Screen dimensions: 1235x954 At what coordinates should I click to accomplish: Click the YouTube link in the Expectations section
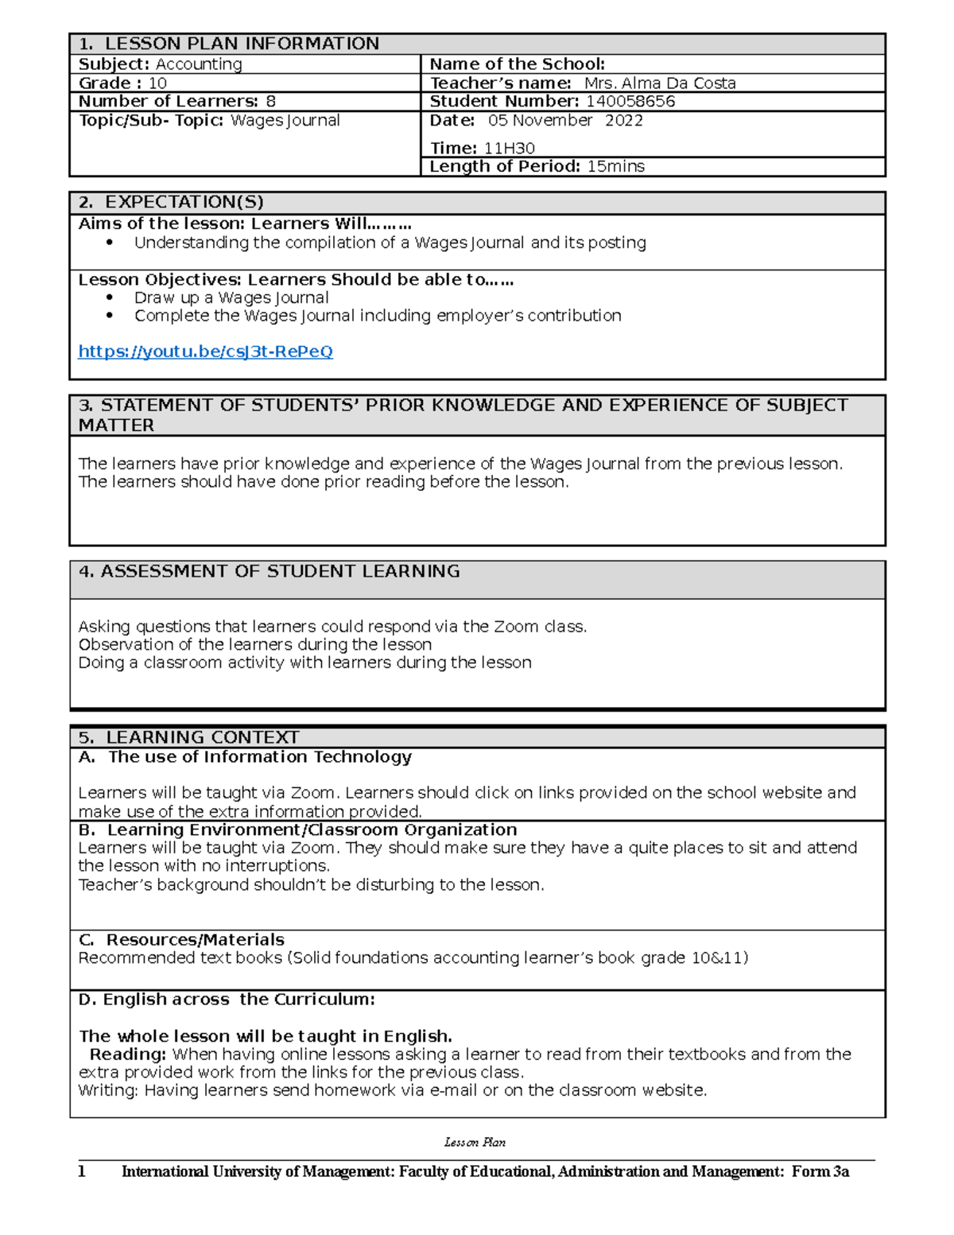click(x=205, y=351)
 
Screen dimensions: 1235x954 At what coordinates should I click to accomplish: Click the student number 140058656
click(x=630, y=101)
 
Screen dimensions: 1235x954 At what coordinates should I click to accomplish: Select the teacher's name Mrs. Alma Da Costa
click(x=660, y=83)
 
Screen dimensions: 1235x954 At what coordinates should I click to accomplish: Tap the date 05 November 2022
click(x=565, y=120)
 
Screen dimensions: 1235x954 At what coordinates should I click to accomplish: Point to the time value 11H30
click(x=509, y=148)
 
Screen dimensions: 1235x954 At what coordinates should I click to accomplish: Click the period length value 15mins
click(x=615, y=166)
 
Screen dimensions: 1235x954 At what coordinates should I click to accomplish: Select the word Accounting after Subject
click(x=199, y=64)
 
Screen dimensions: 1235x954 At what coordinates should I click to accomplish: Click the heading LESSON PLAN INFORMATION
click(x=242, y=44)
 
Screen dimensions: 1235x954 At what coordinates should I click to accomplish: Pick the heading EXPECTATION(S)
click(x=184, y=202)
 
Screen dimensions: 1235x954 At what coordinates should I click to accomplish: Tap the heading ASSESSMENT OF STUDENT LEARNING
click(x=280, y=571)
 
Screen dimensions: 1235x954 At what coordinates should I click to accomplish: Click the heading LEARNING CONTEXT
click(x=202, y=737)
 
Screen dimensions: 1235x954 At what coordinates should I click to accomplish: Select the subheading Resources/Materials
click(x=195, y=939)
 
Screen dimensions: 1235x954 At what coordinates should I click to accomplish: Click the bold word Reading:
click(x=128, y=1054)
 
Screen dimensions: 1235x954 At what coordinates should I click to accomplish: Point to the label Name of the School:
click(x=518, y=64)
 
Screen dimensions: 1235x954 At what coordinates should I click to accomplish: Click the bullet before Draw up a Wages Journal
click(x=110, y=297)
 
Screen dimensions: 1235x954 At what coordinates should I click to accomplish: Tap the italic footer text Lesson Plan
click(x=475, y=1142)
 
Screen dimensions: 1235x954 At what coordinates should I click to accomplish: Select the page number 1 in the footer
click(x=81, y=1171)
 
